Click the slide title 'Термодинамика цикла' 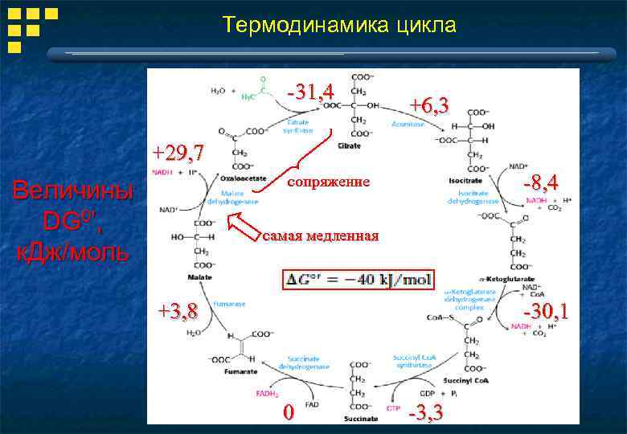(x=339, y=26)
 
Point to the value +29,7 (x=178, y=152)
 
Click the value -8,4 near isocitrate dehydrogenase (x=540, y=180)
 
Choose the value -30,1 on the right (x=545, y=311)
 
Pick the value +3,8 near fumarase (x=178, y=311)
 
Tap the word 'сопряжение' (x=329, y=182)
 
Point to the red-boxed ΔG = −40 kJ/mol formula (x=358, y=280)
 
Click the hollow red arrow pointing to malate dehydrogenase (x=244, y=227)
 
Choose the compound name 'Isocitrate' (x=465, y=181)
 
